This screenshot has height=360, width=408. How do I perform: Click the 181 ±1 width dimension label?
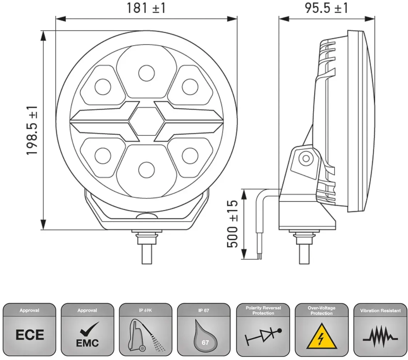146,8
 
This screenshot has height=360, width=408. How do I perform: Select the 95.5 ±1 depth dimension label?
326,8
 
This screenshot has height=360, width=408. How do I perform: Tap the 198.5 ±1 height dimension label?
32,130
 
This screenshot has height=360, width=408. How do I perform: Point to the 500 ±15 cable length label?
232,224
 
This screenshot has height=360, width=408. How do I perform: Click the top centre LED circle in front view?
146,73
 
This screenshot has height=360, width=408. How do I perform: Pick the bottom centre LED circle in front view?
146,170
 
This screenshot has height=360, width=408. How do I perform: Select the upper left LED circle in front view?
103,87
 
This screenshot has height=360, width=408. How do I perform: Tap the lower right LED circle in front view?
190,156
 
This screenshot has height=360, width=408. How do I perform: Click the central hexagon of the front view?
146,121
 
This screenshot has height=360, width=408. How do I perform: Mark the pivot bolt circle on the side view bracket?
306,158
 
